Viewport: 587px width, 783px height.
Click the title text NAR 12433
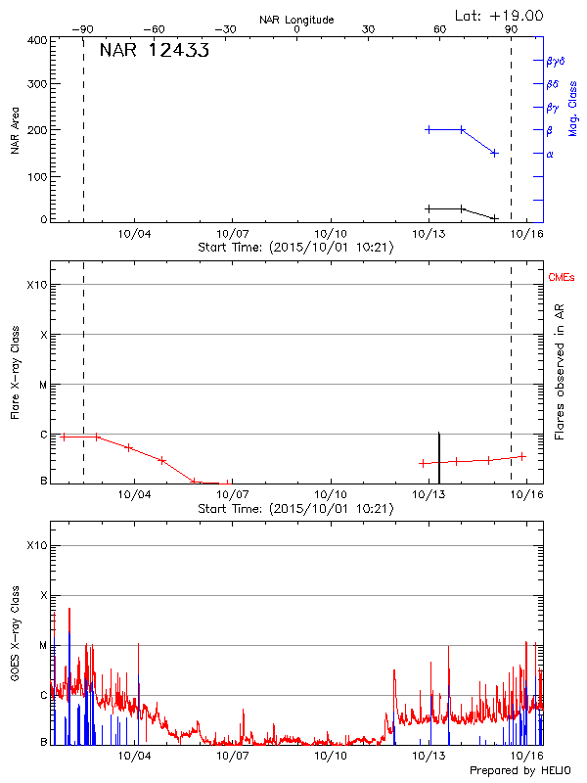click(154, 51)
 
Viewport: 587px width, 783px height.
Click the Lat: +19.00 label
click(500, 16)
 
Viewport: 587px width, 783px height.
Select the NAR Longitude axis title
click(296, 20)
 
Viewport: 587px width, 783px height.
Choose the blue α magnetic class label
click(550, 154)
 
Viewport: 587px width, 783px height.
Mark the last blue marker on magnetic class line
click(494, 153)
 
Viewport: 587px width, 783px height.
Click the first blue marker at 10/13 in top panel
click(429, 129)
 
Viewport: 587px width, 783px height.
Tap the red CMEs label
click(563, 278)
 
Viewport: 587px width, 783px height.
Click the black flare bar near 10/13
click(438, 458)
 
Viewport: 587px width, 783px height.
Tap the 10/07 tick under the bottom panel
click(232, 756)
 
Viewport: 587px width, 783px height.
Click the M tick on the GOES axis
click(42, 645)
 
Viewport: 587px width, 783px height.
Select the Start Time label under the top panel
click(295, 247)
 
